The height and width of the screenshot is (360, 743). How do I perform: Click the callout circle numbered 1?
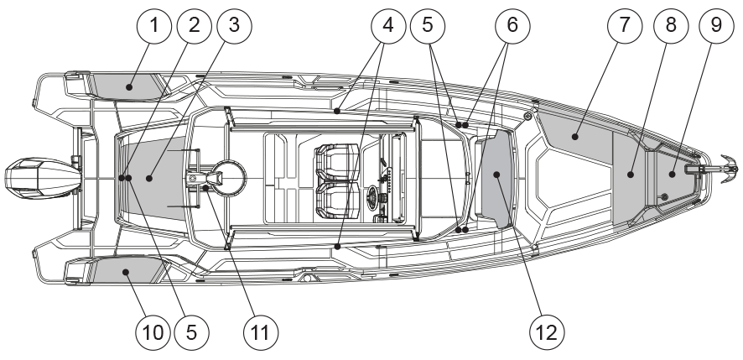pyautogui.click(x=154, y=26)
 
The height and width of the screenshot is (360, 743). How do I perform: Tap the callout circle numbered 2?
pyautogui.click(x=195, y=26)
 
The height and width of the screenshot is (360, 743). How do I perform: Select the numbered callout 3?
pyautogui.click(x=234, y=26)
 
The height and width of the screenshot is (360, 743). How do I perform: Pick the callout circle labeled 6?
pyautogui.click(x=513, y=26)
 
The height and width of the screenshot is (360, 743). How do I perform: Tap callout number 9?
pyautogui.click(x=715, y=26)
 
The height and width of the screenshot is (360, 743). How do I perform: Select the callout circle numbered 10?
pyautogui.click(x=154, y=333)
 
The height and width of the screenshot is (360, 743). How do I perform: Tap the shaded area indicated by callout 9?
pyautogui.click(x=673, y=174)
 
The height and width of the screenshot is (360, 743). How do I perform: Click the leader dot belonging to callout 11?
pyautogui.click(x=205, y=188)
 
